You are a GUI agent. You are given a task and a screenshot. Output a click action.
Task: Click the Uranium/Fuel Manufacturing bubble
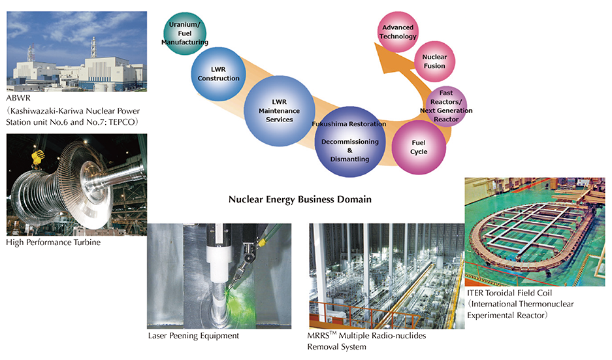coord(188,33)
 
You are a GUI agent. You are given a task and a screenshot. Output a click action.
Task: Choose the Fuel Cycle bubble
coord(419,146)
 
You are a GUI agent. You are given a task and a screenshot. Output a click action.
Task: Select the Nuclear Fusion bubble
coord(434,61)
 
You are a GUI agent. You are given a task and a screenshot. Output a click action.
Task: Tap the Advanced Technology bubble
coord(398,32)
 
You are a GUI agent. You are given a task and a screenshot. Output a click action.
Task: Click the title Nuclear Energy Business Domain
coord(300,199)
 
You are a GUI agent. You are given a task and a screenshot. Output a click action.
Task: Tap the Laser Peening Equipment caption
coord(193,336)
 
